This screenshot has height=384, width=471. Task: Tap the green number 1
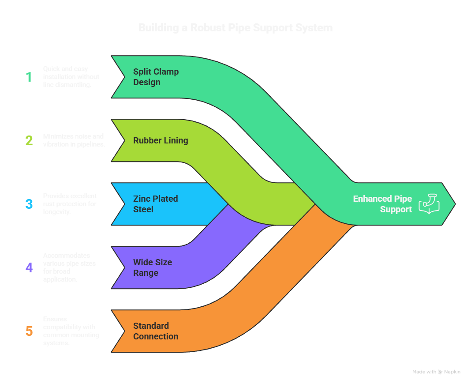click(29, 77)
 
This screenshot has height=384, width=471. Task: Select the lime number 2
click(29, 141)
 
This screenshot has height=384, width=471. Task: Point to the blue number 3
click(29, 204)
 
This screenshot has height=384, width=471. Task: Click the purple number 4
click(29, 267)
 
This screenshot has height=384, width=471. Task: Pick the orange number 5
click(29, 331)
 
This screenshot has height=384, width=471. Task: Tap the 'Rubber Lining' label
click(161, 140)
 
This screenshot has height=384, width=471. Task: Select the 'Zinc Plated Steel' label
click(155, 204)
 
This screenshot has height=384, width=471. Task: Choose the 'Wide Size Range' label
click(153, 267)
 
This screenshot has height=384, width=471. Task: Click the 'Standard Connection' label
click(156, 331)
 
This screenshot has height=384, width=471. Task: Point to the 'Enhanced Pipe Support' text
click(382, 204)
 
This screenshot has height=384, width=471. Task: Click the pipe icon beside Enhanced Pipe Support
click(429, 204)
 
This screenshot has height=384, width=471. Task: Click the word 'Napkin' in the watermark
click(452, 372)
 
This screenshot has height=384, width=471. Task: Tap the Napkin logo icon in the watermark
click(440, 372)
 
